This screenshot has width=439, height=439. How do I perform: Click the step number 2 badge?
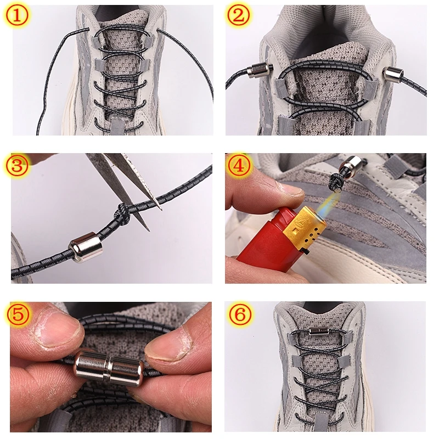click(x=237, y=16)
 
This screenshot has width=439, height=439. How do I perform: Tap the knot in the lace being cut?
click(x=123, y=212)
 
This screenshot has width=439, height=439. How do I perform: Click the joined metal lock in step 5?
click(x=109, y=367)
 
